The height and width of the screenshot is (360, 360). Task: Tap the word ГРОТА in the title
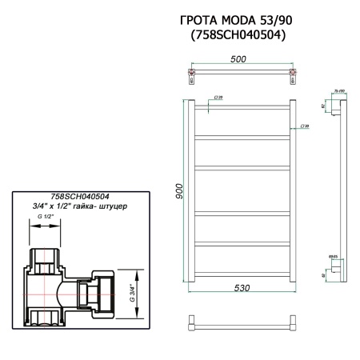pyautogui.click(x=198, y=19)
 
